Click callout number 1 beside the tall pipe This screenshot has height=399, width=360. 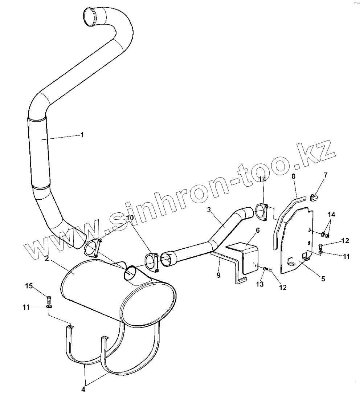[x=82, y=135]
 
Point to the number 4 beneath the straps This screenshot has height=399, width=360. [x=83, y=389]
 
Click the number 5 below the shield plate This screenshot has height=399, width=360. [x=323, y=278]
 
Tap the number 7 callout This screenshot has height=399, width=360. [x=326, y=175]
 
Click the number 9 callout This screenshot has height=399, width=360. [x=218, y=275]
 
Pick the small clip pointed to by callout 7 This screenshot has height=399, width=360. [x=315, y=197]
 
